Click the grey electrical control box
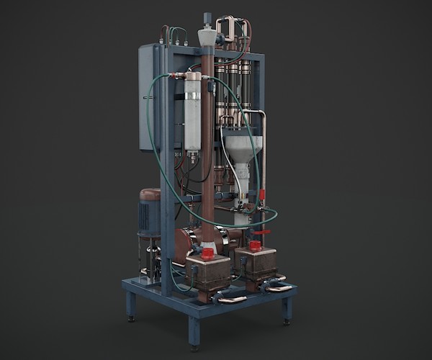click(147, 97)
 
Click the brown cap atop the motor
click(150, 194)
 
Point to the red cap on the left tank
click(207, 253)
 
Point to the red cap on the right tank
click(254, 246)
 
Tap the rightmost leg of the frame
click(287, 309)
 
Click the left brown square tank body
click(209, 272)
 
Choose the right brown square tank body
click(258, 263)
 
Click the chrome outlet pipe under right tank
click(279, 288)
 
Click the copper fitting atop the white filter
click(192, 76)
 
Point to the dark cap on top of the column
click(207, 18)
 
